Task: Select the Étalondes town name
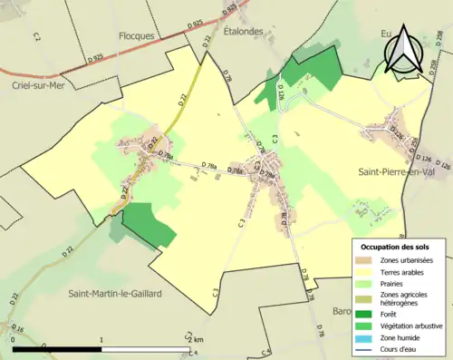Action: click(245, 29)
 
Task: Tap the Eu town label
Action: click(386, 34)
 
